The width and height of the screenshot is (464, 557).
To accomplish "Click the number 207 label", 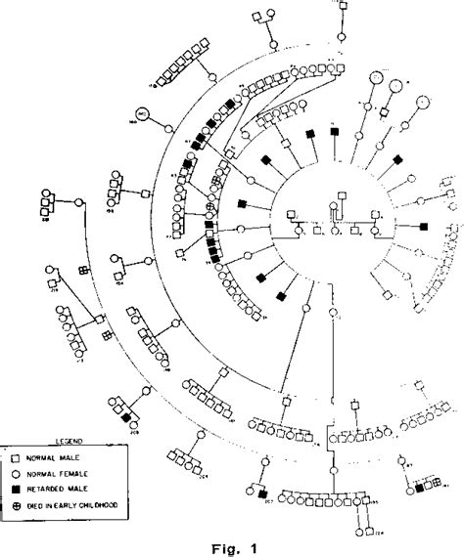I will coord(264,507).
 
